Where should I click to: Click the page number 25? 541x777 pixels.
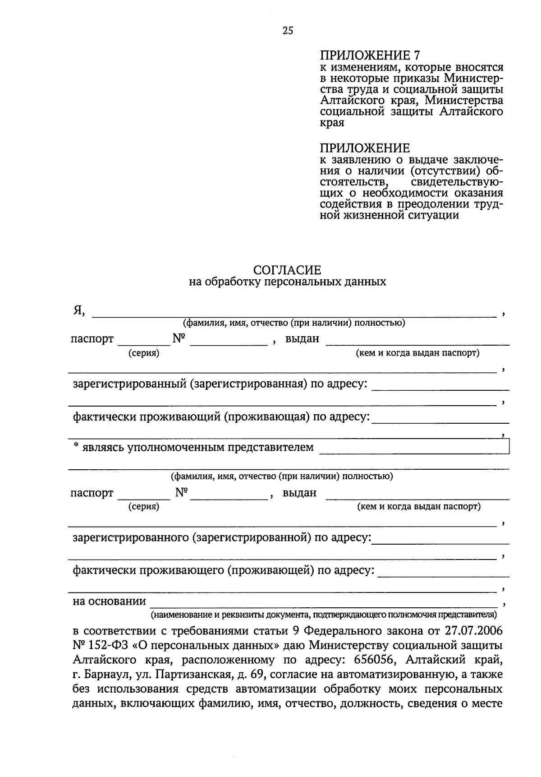pos(288,31)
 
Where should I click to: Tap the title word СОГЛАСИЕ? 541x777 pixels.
pos(287,270)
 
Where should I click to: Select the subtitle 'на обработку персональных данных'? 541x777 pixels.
pos(287,282)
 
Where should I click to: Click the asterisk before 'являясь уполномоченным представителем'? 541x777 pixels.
pos(77,446)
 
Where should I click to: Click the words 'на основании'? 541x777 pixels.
pos(110,601)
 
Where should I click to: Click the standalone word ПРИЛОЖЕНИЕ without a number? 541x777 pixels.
pos(365,148)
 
